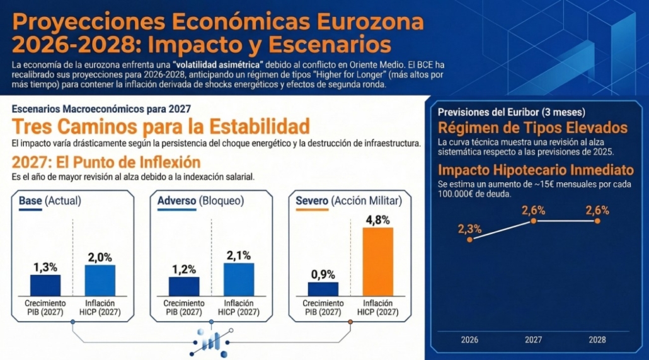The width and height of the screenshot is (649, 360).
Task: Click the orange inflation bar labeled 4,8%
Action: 377,261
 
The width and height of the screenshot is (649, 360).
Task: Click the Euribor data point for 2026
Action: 469,240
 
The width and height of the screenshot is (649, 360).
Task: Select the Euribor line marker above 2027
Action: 534,221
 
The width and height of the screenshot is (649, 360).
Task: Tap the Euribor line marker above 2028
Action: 597,221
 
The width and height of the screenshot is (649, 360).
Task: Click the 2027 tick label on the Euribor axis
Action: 534,340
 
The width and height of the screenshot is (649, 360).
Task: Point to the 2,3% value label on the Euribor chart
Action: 469,228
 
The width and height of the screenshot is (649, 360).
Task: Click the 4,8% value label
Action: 377,220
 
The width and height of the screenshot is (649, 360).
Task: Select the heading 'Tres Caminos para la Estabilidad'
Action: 161,125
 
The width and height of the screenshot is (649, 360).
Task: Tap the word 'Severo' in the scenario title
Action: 312,201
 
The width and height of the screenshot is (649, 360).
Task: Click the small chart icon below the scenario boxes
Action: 211,340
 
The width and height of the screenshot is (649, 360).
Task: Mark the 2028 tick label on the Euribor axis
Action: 597,340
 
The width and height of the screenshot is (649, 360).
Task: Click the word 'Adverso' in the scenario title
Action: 176,201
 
